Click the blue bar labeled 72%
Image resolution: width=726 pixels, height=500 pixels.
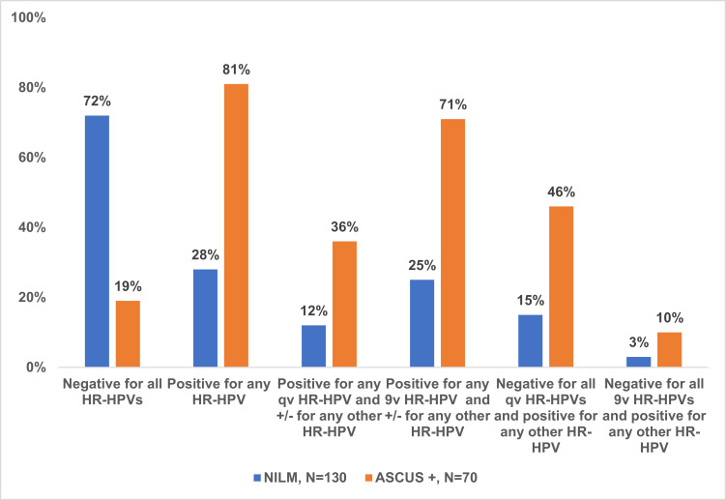point(98,241)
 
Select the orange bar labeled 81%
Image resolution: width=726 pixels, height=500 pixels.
point(236,225)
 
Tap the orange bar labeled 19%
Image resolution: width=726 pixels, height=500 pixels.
point(128,334)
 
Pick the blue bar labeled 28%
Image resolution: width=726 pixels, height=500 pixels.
point(206,318)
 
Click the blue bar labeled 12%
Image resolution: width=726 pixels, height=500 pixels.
point(314,346)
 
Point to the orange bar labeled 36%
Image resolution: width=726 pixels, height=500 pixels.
point(344,304)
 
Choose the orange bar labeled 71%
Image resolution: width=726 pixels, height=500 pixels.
point(452,243)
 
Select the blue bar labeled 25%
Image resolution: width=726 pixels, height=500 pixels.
point(422,323)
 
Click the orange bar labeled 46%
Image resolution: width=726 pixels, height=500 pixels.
point(561,287)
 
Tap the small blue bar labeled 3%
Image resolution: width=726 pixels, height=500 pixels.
point(639,362)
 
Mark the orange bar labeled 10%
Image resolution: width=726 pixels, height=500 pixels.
point(670,349)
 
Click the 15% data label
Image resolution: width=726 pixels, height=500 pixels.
point(531,301)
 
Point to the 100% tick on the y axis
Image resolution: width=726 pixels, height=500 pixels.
point(28,17)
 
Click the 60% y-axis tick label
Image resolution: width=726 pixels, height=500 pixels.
point(32,158)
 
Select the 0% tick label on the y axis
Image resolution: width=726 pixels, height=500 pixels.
point(36,368)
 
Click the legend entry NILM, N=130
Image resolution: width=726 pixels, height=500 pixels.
point(300,478)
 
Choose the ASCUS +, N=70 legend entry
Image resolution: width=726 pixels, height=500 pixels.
point(421,478)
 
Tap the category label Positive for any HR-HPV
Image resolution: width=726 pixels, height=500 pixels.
point(218,392)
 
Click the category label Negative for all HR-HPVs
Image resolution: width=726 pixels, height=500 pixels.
point(112,392)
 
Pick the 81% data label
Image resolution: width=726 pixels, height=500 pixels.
point(236,70)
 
